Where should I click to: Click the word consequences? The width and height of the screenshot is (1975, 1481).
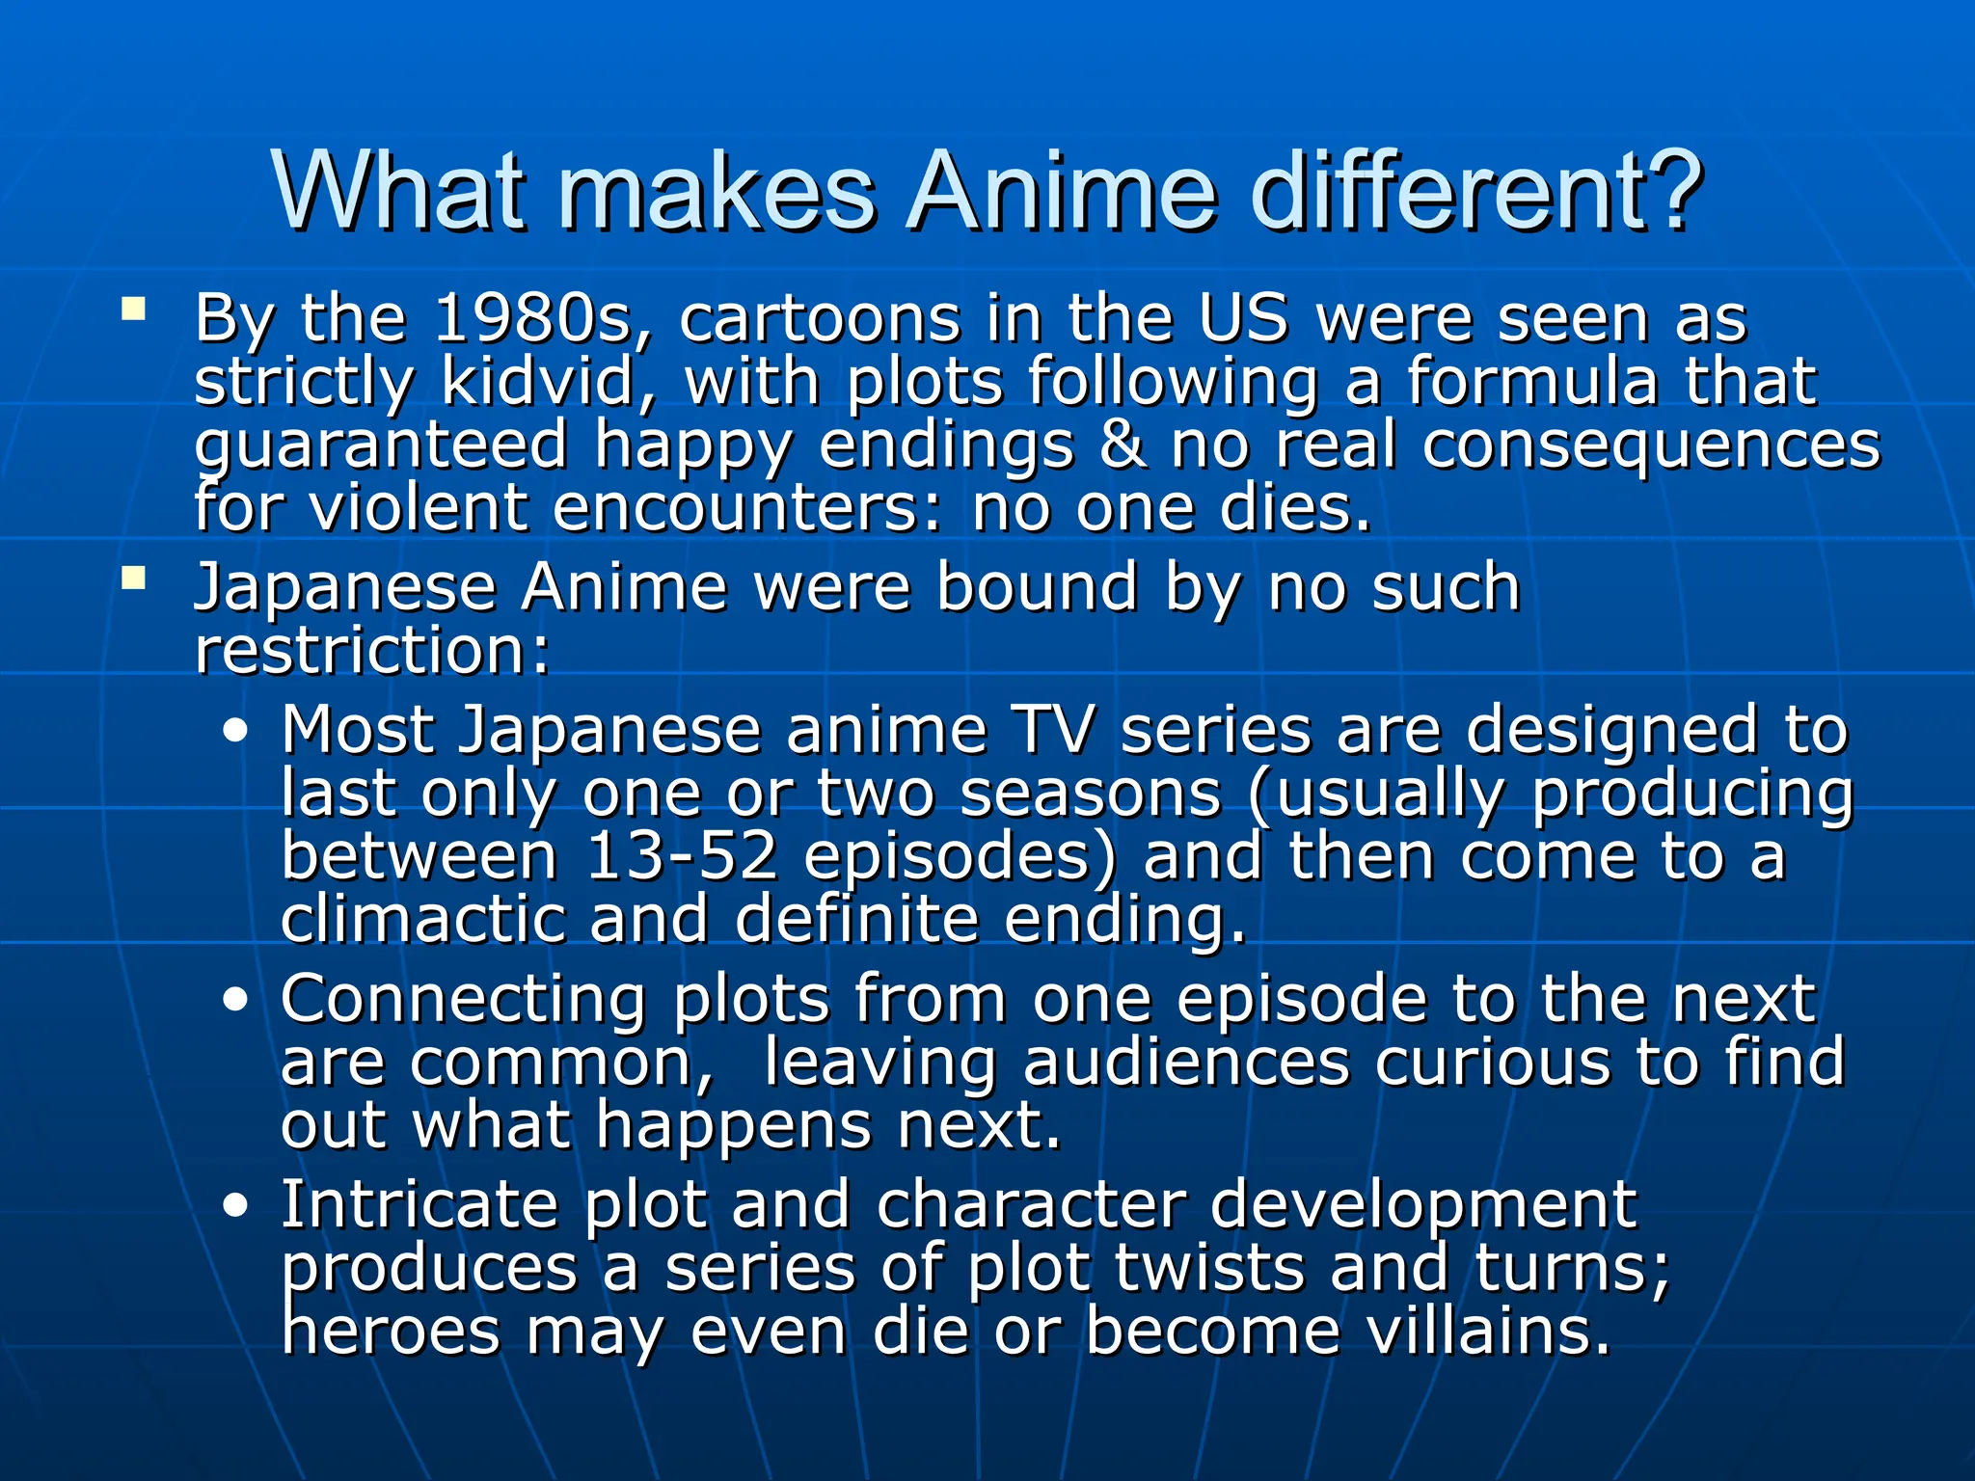[x=1650, y=445]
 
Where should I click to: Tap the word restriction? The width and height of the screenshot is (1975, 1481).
[x=371, y=651]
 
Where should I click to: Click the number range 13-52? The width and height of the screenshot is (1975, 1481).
[x=681, y=856]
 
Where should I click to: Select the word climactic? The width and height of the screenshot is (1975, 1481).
[x=422, y=919]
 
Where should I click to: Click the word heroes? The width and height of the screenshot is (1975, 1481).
[x=391, y=1332]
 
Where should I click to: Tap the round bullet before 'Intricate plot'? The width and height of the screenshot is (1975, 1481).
[x=234, y=1206]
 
